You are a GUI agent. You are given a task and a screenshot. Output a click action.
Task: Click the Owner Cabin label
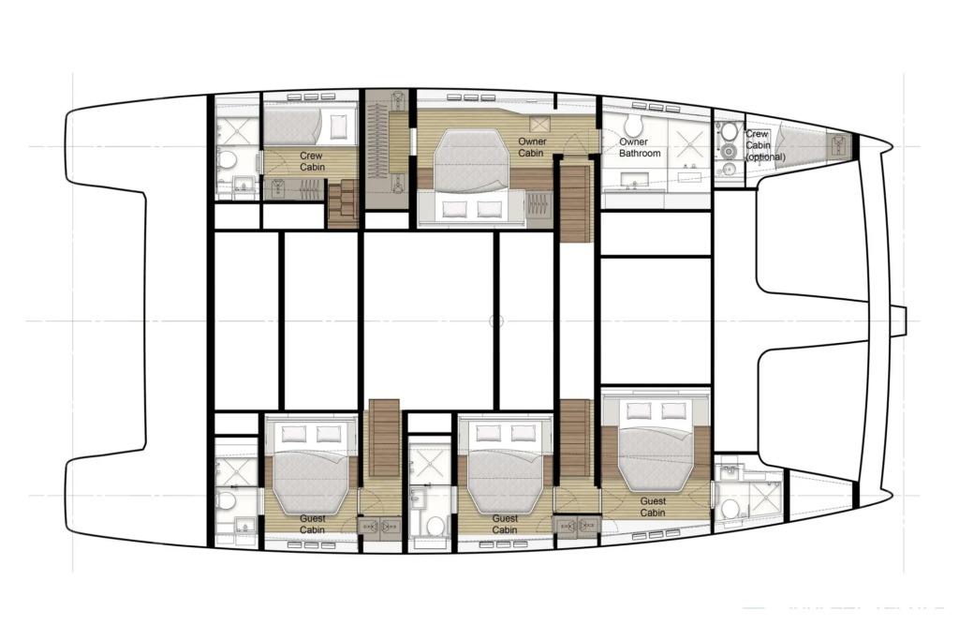(532, 147)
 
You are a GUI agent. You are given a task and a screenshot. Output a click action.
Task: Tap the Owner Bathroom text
(639, 147)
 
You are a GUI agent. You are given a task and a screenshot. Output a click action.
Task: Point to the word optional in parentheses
(765, 157)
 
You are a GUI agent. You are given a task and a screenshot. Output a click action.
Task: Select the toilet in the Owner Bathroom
(632, 125)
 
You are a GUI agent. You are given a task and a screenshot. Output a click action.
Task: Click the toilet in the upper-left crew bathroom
(227, 160)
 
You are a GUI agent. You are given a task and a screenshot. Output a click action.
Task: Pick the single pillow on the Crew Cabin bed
(337, 127)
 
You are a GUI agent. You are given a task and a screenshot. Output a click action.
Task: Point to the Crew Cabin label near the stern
(312, 161)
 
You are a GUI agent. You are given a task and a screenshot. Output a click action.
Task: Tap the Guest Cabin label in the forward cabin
(653, 507)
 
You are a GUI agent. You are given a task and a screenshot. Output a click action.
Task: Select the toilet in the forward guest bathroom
(730, 509)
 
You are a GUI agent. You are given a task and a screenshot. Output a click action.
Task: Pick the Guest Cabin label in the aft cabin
(312, 525)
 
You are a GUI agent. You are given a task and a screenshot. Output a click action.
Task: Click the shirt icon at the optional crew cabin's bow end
(838, 145)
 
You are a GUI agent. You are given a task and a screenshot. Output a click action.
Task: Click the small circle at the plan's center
(496, 320)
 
